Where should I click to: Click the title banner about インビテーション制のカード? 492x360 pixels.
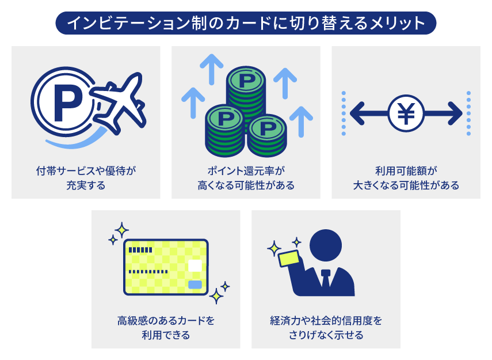[x=246, y=23]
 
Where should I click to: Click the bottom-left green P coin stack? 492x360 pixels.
[x=224, y=123]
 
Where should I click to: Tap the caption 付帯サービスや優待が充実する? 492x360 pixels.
[x=86, y=178]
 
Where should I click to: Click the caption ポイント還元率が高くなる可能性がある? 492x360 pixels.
[x=246, y=178]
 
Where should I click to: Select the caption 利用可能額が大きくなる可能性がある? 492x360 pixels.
[x=406, y=178]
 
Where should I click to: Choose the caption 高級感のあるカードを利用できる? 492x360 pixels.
[x=166, y=328]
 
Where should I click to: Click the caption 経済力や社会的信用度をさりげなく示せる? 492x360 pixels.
[x=326, y=328]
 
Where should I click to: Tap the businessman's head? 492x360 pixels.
[x=326, y=245]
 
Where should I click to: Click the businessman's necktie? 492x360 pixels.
[x=326, y=281]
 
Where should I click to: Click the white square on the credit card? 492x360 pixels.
[x=195, y=266]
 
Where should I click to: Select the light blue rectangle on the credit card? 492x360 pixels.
[x=195, y=285]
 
